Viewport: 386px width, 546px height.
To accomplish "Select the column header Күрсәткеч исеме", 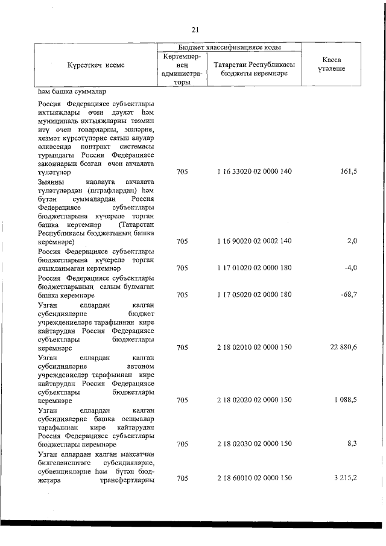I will [96, 65].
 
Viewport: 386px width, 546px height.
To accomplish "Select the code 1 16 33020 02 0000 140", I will [254, 172].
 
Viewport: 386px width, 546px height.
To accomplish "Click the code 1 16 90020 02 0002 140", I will [254, 241].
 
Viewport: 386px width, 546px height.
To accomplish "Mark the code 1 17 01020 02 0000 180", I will [254, 267].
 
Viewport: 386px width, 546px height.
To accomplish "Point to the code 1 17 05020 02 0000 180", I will [254, 294].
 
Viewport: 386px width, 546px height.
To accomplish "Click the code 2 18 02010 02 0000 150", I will [254, 348].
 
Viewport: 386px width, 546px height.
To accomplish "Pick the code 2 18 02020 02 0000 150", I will [254, 400].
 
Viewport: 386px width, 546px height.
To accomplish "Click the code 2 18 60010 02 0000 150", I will [254, 478].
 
